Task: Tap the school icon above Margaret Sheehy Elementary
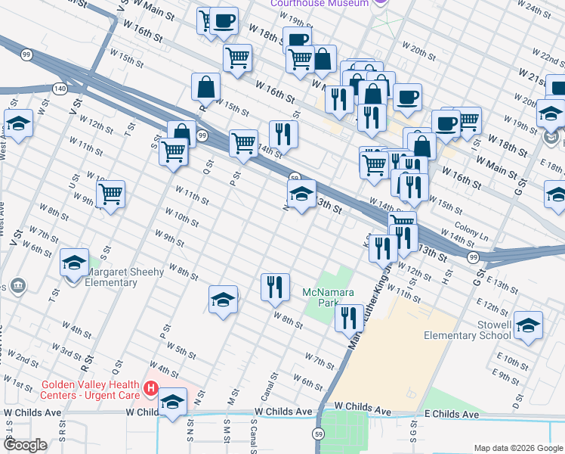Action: (74, 263)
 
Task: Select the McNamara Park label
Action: (325, 297)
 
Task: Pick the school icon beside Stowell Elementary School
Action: (528, 326)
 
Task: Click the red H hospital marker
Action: (150, 390)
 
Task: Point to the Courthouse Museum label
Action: (321, 4)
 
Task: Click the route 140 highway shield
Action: (59, 89)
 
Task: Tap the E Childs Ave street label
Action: (452, 415)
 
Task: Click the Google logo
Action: (26, 445)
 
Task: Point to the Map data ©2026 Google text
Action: (517, 448)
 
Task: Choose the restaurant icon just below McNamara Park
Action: (349, 318)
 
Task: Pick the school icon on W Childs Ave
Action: (173, 404)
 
